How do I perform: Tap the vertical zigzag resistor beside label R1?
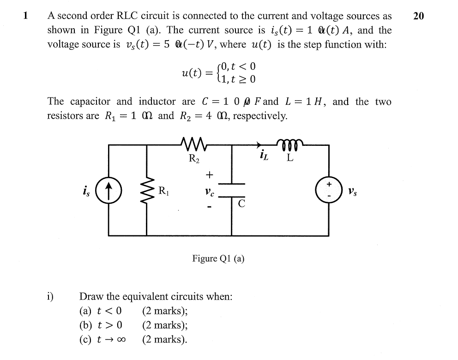point(148,190)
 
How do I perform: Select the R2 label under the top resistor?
point(194,159)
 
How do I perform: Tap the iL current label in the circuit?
point(264,157)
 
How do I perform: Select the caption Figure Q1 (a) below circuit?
point(218,258)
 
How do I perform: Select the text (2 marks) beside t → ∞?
point(165,340)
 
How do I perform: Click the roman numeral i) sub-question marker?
point(50,296)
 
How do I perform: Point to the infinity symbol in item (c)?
point(122,340)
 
